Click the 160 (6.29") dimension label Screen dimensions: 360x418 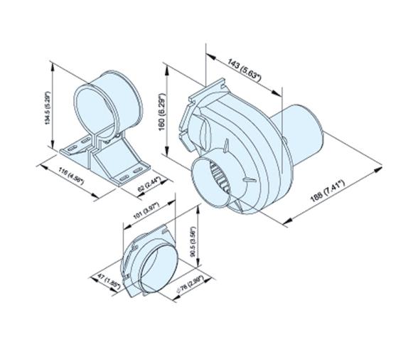pyautogui.click(x=161, y=112)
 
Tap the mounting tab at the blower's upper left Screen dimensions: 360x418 pyautogui.click(x=188, y=110)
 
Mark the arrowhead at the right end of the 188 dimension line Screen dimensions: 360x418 pyautogui.click(x=380, y=171)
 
